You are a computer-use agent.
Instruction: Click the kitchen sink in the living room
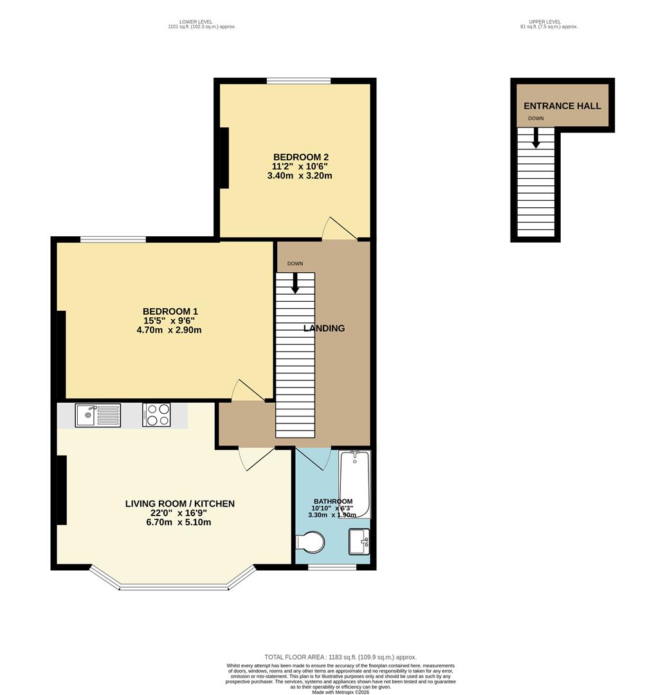(x=97, y=415)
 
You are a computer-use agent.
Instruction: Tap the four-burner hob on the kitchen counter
(x=156, y=415)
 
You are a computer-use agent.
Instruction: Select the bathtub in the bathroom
(x=355, y=484)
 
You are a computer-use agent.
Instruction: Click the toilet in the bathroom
(x=311, y=542)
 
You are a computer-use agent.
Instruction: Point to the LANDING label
(x=324, y=328)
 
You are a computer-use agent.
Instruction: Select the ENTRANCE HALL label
(x=562, y=106)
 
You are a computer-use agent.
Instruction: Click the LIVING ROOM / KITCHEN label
(x=180, y=504)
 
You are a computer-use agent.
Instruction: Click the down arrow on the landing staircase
(x=295, y=283)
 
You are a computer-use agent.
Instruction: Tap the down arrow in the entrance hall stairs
(x=536, y=138)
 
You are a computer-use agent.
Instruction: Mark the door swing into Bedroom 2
(x=338, y=230)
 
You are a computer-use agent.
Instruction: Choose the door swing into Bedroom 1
(x=247, y=391)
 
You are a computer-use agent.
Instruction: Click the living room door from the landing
(x=256, y=458)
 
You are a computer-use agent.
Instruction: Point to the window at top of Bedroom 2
(x=299, y=80)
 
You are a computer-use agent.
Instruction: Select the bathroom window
(x=332, y=567)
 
